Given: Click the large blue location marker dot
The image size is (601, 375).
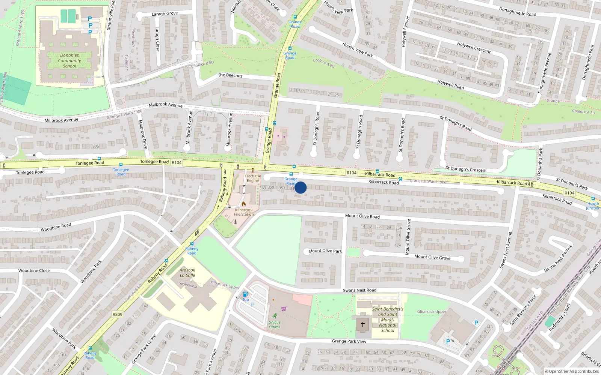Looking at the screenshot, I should coord(300,187).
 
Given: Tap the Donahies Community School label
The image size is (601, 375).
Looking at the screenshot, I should coord(69,60).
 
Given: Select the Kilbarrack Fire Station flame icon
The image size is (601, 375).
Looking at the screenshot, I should coord(244,204).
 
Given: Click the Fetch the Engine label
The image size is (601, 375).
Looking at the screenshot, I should coord(253,178).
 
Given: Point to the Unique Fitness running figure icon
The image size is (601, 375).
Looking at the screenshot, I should coord(275,316).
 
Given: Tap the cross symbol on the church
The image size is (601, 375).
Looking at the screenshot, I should coord(363,324).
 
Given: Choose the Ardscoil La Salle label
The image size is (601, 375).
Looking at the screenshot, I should coord(187,273).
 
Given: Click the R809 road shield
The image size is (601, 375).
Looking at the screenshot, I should coord(117,314).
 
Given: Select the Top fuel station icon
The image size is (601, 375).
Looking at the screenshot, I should coord(245,294).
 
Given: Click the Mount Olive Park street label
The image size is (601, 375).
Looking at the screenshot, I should coord(325,251).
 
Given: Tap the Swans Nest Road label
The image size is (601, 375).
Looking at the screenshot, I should coord(359,290).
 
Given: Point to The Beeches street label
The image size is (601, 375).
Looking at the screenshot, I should coord(230,75).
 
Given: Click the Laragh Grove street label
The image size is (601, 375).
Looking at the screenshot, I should coord(165,14).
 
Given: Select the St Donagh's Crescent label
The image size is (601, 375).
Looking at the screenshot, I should coord(466,169).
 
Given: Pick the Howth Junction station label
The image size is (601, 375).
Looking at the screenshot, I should coord(593,206).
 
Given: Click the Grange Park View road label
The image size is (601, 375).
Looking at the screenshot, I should coord(349,341).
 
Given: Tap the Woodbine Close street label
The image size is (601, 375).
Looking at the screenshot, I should coord(34,270).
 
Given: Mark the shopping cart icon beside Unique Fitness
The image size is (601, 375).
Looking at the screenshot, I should coord(284,309).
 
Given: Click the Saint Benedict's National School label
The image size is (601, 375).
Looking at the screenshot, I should coord(388,320).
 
